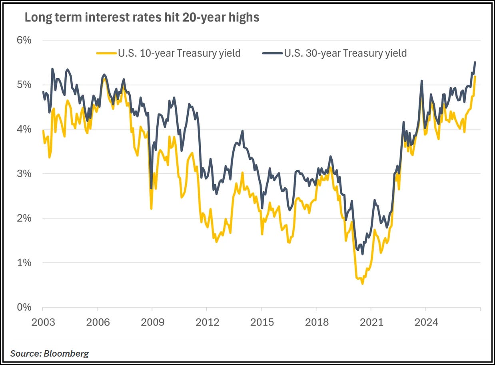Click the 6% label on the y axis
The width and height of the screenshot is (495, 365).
24,40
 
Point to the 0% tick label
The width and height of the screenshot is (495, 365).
24,307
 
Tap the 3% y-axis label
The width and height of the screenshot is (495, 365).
24,174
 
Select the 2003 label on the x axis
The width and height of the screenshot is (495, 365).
43,322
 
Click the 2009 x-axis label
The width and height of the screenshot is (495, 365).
152,322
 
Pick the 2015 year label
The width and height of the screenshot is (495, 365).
262,322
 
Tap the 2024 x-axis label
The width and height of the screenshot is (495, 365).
426,322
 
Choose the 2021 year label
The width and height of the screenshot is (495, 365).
371,322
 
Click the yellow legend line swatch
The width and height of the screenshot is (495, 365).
106,53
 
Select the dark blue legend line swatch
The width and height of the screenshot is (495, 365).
273,53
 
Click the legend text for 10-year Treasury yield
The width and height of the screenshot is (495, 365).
179,54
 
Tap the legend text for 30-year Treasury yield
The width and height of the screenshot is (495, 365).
345,54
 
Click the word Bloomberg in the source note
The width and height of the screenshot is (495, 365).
66,353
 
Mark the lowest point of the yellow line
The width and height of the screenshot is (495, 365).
362,284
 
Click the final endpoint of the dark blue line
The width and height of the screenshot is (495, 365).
475,62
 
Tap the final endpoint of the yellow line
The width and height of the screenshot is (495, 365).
475,77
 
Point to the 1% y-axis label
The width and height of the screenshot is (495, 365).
24,263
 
